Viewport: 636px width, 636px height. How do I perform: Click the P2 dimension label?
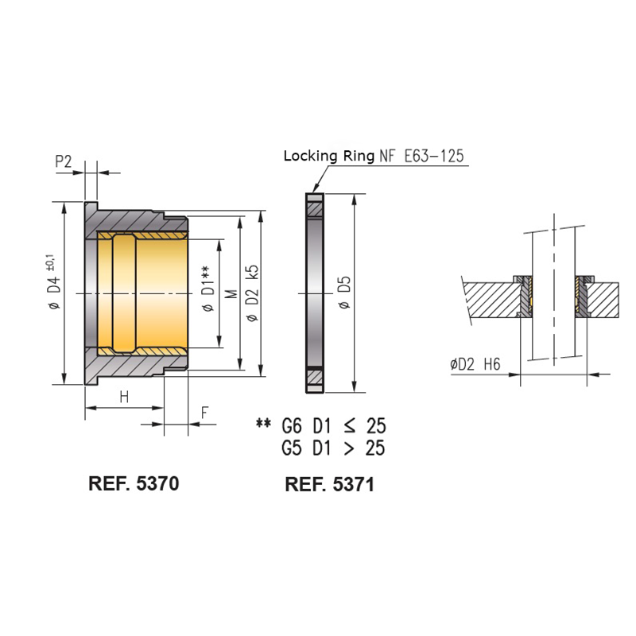tap(64, 161)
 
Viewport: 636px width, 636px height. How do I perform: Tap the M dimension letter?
tap(231, 293)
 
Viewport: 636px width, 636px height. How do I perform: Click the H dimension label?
tap(124, 397)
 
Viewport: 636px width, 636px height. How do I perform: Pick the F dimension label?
tap(204, 413)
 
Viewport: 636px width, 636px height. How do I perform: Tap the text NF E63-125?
tap(421, 157)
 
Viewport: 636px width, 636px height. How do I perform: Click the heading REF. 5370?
tap(134, 483)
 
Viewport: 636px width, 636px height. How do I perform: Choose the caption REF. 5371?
tap(329, 484)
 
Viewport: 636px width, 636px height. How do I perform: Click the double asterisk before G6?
tap(263, 425)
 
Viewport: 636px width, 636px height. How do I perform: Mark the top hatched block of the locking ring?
tap(314, 209)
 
